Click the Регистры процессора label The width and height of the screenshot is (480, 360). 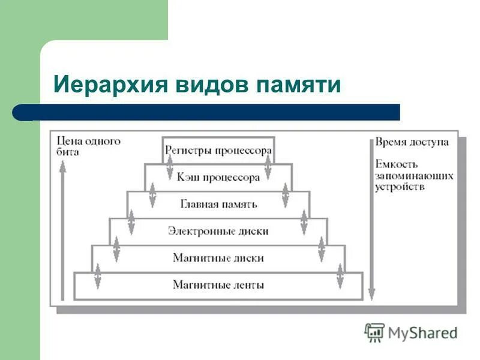pos(218,151)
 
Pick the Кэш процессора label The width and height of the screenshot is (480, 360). pos(218,177)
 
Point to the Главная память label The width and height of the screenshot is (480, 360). pos(218,204)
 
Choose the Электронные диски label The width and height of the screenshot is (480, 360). pos(218,231)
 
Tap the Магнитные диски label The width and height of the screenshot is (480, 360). pos(218,258)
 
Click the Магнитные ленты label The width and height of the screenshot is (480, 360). pos(218,285)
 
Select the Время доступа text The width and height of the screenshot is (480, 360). pos(412,142)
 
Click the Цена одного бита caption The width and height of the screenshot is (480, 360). pos(88,146)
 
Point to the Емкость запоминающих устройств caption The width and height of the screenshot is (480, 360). pos(414,175)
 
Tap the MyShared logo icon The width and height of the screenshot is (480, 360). pos(374,332)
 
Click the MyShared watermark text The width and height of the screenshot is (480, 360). pos(422,332)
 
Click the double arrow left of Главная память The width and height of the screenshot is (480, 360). pos(152,196)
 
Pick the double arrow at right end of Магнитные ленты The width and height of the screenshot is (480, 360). pos(340,277)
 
